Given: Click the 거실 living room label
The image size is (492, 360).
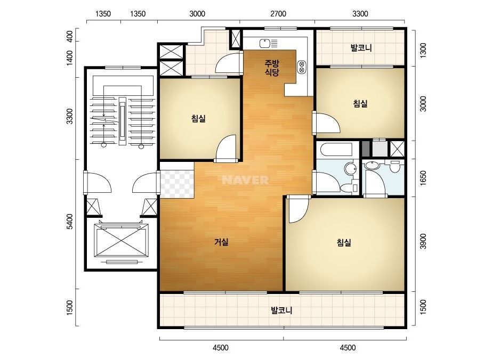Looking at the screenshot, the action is [x=221, y=242].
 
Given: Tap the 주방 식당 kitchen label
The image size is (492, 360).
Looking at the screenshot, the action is [x=272, y=68].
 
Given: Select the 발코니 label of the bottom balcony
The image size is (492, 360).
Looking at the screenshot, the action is [x=281, y=310].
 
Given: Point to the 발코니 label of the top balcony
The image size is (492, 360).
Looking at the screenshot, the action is [x=361, y=48].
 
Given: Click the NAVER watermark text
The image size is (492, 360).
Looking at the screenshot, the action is [x=245, y=180].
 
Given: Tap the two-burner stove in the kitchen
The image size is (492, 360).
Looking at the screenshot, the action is [x=302, y=67].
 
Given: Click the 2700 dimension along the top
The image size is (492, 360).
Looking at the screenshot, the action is [x=278, y=14].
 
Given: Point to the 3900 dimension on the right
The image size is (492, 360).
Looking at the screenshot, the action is [x=423, y=241].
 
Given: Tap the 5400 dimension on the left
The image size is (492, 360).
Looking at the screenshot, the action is [x=69, y=222].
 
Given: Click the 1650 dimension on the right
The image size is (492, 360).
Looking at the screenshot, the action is [x=423, y=178].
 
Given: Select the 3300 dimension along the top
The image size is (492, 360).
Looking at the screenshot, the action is [x=360, y=14].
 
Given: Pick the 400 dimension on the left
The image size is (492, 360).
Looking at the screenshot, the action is [x=69, y=36].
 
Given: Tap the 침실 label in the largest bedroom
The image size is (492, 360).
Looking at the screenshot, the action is [x=344, y=242].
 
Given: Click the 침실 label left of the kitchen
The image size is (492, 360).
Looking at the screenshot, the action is [x=198, y=119].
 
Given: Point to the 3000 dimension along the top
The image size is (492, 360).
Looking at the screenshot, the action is [x=197, y=14].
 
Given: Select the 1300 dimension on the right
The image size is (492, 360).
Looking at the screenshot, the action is [x=423, y=50].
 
